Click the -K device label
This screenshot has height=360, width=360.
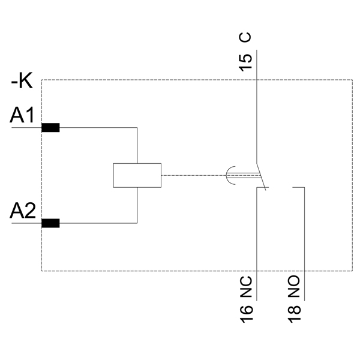[x=22, y=80]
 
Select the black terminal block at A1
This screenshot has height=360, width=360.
[x=50, y=127]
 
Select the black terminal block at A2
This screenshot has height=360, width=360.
[x=50, y=223]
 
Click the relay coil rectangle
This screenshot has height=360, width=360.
[x=137, y=175]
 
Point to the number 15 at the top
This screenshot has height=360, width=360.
[x=245, y=62]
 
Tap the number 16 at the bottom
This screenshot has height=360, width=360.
[x=246, y=313]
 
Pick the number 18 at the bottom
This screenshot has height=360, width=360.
[x=294, y=313]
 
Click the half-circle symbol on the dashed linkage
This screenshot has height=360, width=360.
[x=231, y=175]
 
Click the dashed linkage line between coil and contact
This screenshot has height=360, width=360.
[x=192, y=175]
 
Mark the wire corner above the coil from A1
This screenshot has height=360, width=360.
[x=137, y=128]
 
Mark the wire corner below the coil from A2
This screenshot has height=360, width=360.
[x=137, y=223]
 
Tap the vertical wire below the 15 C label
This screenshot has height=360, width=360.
[x=257, y=108]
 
